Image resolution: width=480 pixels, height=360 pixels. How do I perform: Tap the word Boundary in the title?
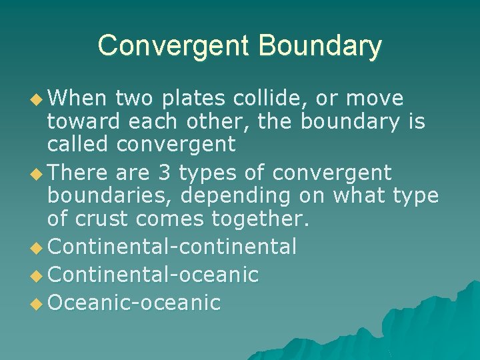click(320, 47)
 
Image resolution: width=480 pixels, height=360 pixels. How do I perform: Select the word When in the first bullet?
click(77, 99)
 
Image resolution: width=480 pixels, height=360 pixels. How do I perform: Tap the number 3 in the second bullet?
click(163, 173)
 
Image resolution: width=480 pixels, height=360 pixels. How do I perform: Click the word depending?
click(237, 197)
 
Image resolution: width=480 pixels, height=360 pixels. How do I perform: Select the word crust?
click(111, 218)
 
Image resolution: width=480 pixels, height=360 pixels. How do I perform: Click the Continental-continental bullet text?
click(172, 247)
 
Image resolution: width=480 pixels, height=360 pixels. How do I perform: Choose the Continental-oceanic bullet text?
click(153, 275)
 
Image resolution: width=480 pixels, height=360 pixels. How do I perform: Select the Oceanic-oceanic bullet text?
click(134, 303)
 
